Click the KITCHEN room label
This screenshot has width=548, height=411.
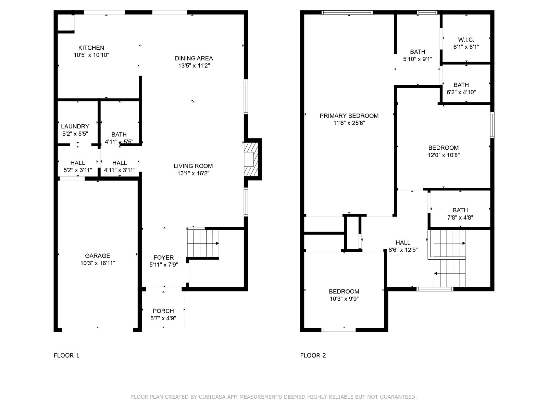[x=91, y=48]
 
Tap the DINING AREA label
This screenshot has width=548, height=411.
[x=194, y=58]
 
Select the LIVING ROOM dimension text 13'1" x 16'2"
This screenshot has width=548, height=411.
[x=193, y=173]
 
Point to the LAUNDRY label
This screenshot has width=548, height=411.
[x=75, y=126]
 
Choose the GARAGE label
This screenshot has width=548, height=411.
[x=97, y=256]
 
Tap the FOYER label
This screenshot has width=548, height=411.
[x=163, y=258]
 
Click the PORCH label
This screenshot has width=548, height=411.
[x=163, y=311]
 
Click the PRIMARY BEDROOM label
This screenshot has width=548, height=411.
[x=349, y=116]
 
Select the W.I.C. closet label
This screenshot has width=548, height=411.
[x=466, y=40]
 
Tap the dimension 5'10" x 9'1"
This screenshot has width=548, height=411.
[x=418, y=59]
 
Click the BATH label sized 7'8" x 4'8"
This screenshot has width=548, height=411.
[x=460, y=210]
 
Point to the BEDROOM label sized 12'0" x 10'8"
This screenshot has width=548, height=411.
[x=444, y=148]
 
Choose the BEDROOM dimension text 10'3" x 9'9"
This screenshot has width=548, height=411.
[x=344, y=299]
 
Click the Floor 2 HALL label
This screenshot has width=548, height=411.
[x=403, y=242]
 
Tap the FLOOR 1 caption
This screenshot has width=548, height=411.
[x=66, y=356]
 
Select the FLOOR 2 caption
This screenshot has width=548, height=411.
[x=313, y=356]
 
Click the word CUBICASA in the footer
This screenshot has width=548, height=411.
[x=212, y=397]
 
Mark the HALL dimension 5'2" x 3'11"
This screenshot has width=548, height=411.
[x=78, y=170]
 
